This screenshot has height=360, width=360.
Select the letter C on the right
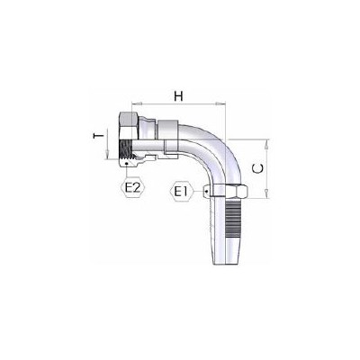point(258,166)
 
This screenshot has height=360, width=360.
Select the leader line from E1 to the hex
point(201,191)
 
